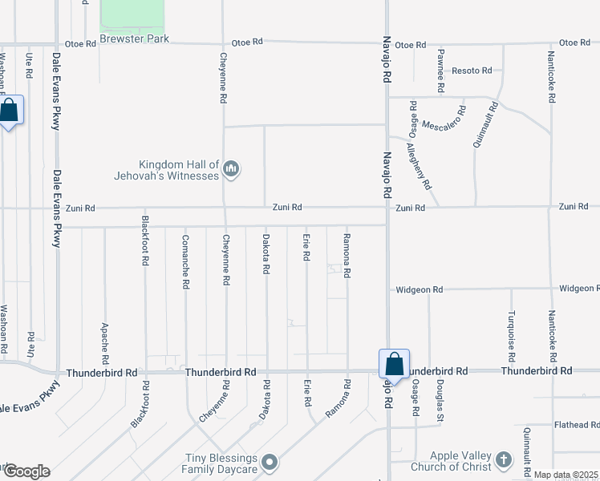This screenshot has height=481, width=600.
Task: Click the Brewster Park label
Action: (x=134, y=38)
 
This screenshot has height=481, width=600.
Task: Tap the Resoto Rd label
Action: (x=472, y=71)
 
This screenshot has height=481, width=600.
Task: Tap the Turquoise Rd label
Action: (x=511, y=333)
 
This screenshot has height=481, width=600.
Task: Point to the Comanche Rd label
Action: (x=185, y=261)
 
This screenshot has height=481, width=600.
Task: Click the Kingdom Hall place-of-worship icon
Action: (x=232, y=168)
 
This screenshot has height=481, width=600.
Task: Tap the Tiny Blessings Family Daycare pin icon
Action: (x=270, y=462)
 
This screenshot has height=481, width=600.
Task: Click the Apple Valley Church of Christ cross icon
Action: (x=503, y=460)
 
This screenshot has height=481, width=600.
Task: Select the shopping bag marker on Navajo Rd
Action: (x=395, y=364)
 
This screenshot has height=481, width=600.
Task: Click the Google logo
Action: (x=26, y=471)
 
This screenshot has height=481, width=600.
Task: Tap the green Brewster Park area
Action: (x=132, y=15)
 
